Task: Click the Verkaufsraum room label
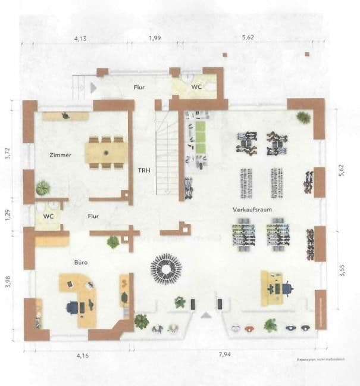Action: [x=249, y=210]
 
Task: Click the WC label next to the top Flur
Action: [x=196, y=87]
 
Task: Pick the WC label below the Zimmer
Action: [x=48, y=216]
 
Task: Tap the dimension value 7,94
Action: [x=224, y=355]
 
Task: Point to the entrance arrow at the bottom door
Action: [x=206, y=315]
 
